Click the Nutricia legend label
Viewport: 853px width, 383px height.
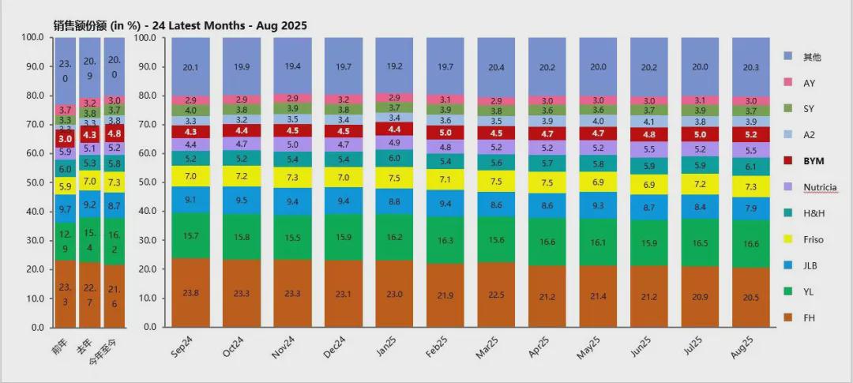(x=820, y=187)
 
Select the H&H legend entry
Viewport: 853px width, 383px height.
(x=813, y=212)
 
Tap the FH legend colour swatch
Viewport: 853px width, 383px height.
(x=787, y=317)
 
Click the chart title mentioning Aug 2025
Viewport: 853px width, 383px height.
(x=180, y=25)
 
